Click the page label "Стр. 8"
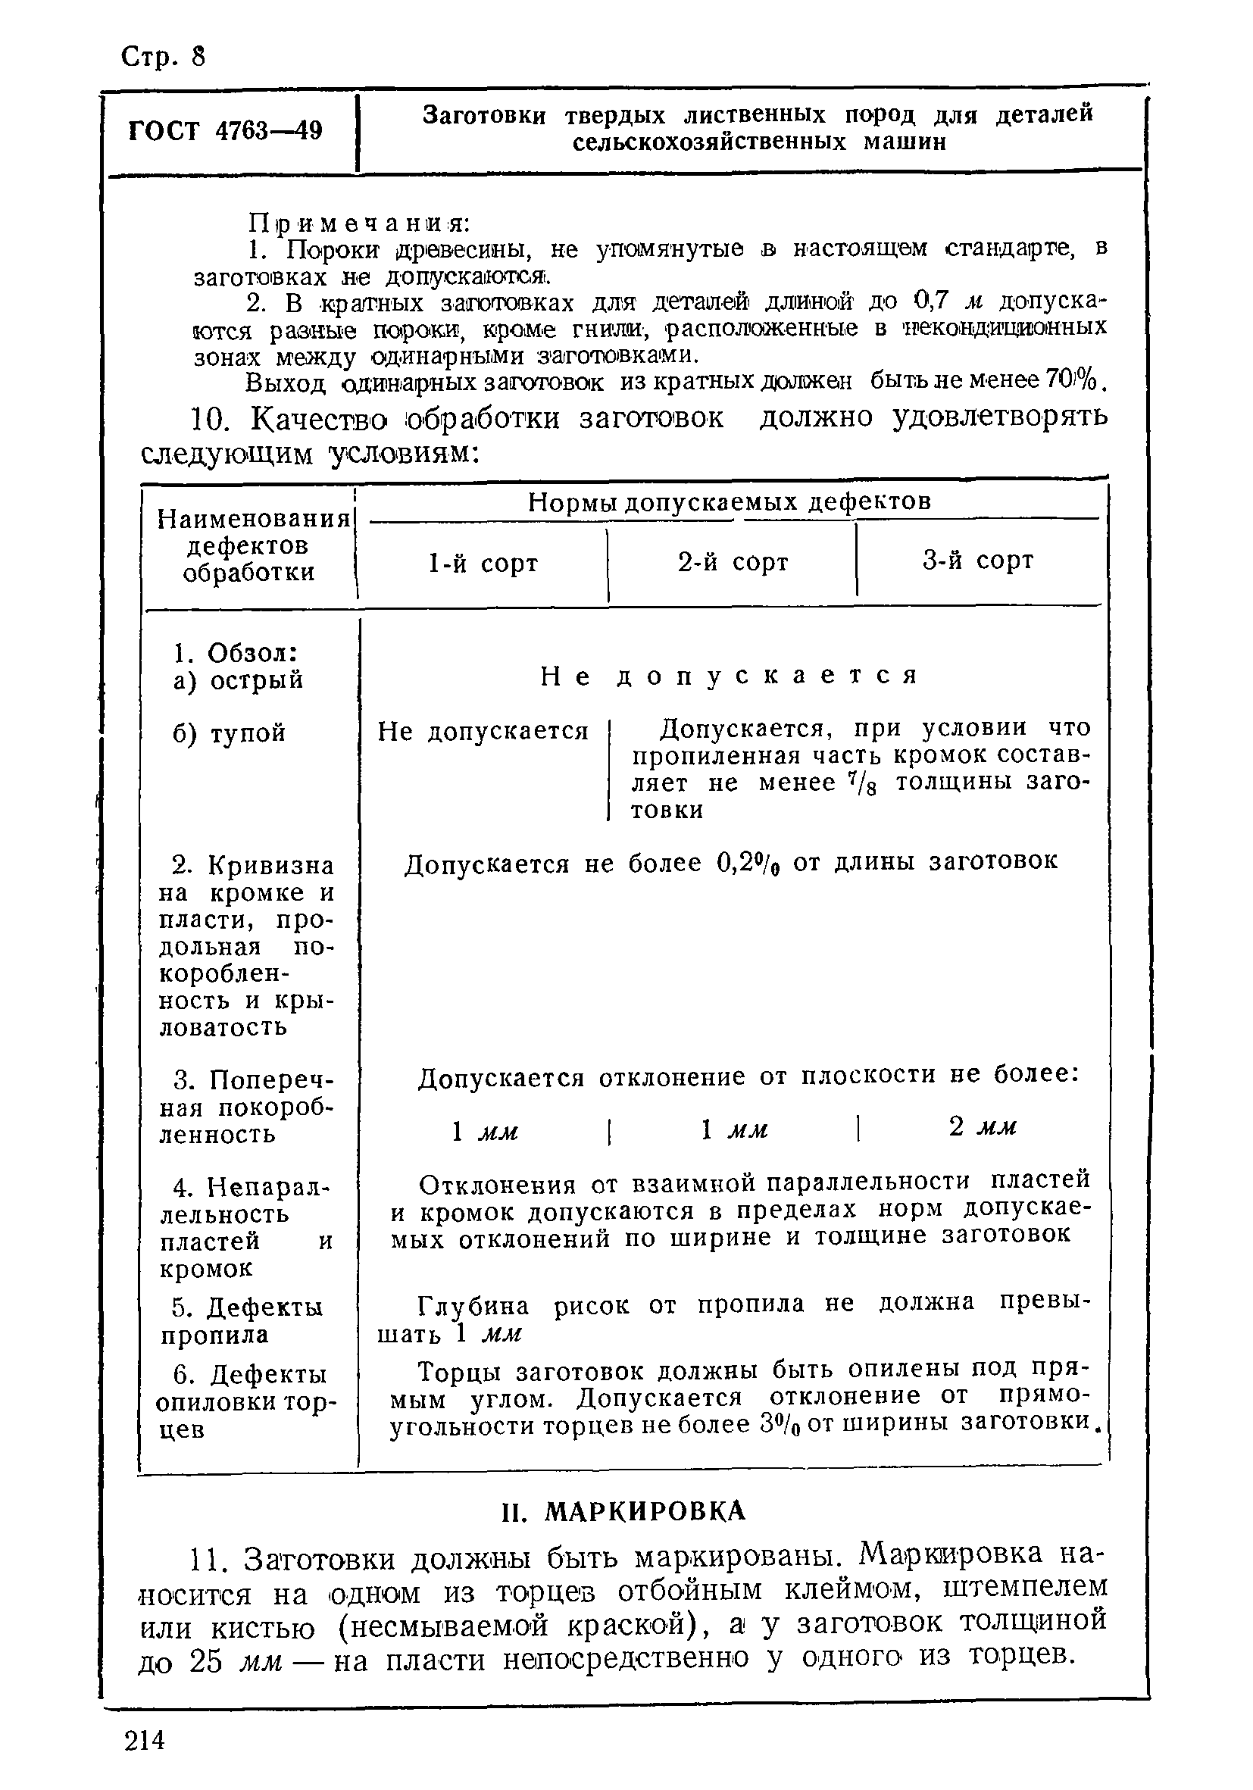click(x=163, y=56)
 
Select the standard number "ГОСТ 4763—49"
click(x=224, y=130)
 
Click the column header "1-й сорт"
click(x=483, y=563)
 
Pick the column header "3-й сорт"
click(x=978, y=560)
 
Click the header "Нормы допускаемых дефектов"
click(x=729, y=502)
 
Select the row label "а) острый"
click(x=238, y=680)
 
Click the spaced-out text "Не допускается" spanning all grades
click(x=729, y=675)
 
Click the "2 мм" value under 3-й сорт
click(x=983, y=1126)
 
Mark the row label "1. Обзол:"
click(x=236, y=651)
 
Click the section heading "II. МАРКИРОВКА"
click(x=623, y=1512)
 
